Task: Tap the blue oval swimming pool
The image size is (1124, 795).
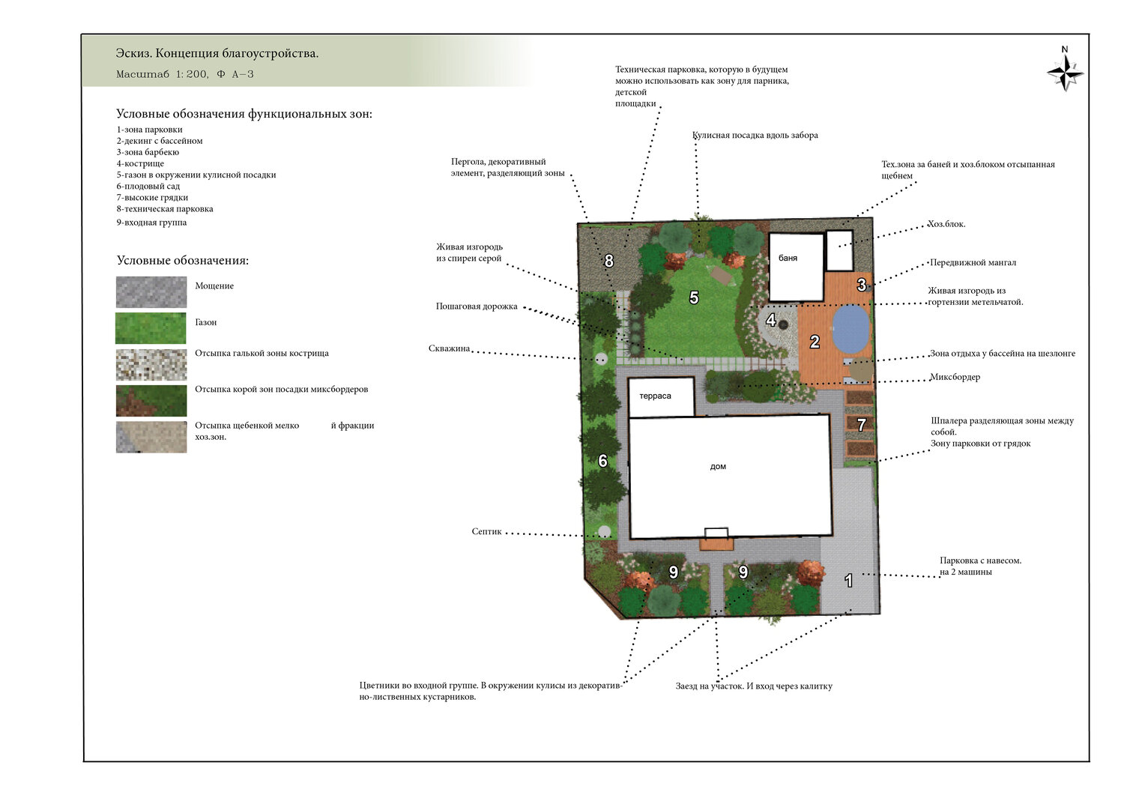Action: tap(851, 329)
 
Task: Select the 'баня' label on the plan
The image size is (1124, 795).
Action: tap(788, 258)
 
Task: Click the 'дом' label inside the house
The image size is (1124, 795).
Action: tap(718, 466)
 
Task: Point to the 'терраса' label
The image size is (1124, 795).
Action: tap(655, 396)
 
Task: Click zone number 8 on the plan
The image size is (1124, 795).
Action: tap(608, 261)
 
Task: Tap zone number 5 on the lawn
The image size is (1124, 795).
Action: tap(694, 297)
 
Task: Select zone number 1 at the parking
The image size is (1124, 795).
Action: tap(848, 581)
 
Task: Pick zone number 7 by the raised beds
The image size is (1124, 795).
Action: tap(862, 425)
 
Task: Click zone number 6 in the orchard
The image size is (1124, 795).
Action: tap(602, 461)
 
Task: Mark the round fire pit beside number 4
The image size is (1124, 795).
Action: tap(783, 325)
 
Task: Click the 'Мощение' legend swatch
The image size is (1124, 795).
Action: tap(151, 292)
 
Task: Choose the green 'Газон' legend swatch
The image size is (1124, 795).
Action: tap(151, 328)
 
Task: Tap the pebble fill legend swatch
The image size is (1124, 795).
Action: tap(151, 365)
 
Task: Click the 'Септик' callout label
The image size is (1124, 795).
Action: tap(486, 531)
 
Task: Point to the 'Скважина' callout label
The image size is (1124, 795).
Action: tap(449, 348)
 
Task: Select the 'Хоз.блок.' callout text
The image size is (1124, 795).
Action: tap(946, 224)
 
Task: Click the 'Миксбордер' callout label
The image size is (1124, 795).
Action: tap(955, 377)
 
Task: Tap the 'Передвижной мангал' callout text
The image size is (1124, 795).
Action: tap(973, 262)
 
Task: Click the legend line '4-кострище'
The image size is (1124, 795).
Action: tap(140, 163)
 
